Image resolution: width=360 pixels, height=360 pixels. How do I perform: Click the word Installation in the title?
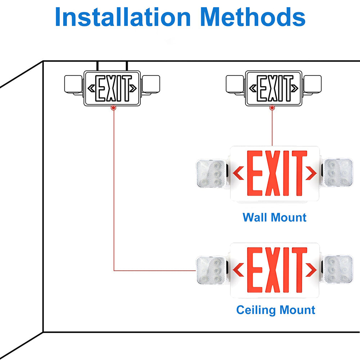123,17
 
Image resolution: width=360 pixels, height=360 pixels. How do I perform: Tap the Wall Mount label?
274,217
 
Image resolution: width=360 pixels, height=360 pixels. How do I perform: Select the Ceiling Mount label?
276,310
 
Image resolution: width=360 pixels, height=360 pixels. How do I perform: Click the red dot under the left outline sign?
114,108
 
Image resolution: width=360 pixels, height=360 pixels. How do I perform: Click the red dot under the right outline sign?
272,108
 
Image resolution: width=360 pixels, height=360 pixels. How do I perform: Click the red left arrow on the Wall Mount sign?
238,173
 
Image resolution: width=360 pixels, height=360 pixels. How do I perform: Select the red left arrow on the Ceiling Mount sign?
238,270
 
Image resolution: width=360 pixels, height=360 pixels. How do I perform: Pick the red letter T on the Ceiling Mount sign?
299,270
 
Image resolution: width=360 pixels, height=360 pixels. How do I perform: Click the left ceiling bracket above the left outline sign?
97,66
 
